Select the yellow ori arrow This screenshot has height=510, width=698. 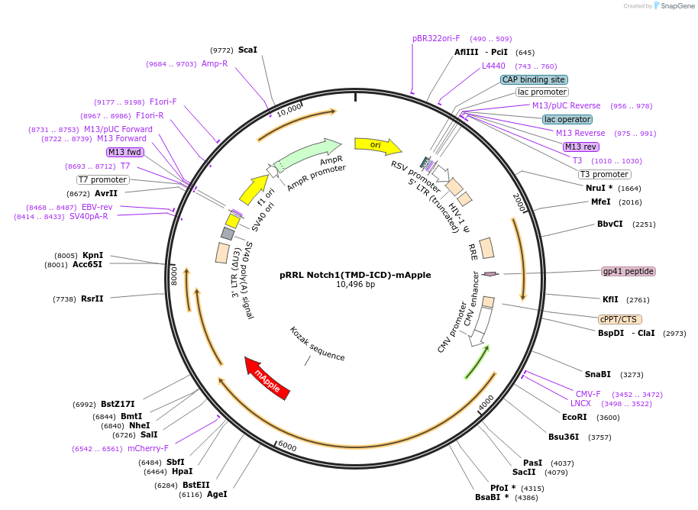pyautogui.click(x=378, y=146)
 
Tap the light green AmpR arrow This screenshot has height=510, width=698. pyautogui.click(x=308, y=155)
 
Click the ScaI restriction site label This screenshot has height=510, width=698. pyautogui.click(x=247, y=50)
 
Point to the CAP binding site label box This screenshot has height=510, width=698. pyautogui.click(x=534, y=79)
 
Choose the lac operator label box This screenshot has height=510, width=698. pyautogui.click(x=567, y=119)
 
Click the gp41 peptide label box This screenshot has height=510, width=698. pyautogui.click(x=628, y=271)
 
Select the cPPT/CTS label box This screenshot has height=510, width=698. pyautogui.click(x=620, y=319)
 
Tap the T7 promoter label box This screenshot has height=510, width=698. pyautogui.click(x=103, y=179)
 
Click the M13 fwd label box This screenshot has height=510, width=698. pyautogui.click(x=124, y=152)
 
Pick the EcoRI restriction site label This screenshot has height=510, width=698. pyautogui.click(x=574, y=417)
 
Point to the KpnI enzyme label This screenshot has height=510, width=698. pyautogui.click(x=92, y=255)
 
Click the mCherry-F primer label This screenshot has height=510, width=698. pyautogui.click(x=148, y=448)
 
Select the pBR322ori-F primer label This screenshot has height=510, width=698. pyautogui.click(x=436, y=38)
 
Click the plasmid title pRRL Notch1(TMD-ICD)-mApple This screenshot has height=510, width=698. pyautogui.click(x=355, y=275)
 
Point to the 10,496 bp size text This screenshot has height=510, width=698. pyautogui.click(x=355, y=284)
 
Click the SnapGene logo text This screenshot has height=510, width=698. pyautogui.click(x=677, y=6)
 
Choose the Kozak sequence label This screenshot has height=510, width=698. pyautogui.click(x=317, y=344)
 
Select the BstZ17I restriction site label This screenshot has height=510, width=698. pyautogui.click(x=118, y=404)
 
